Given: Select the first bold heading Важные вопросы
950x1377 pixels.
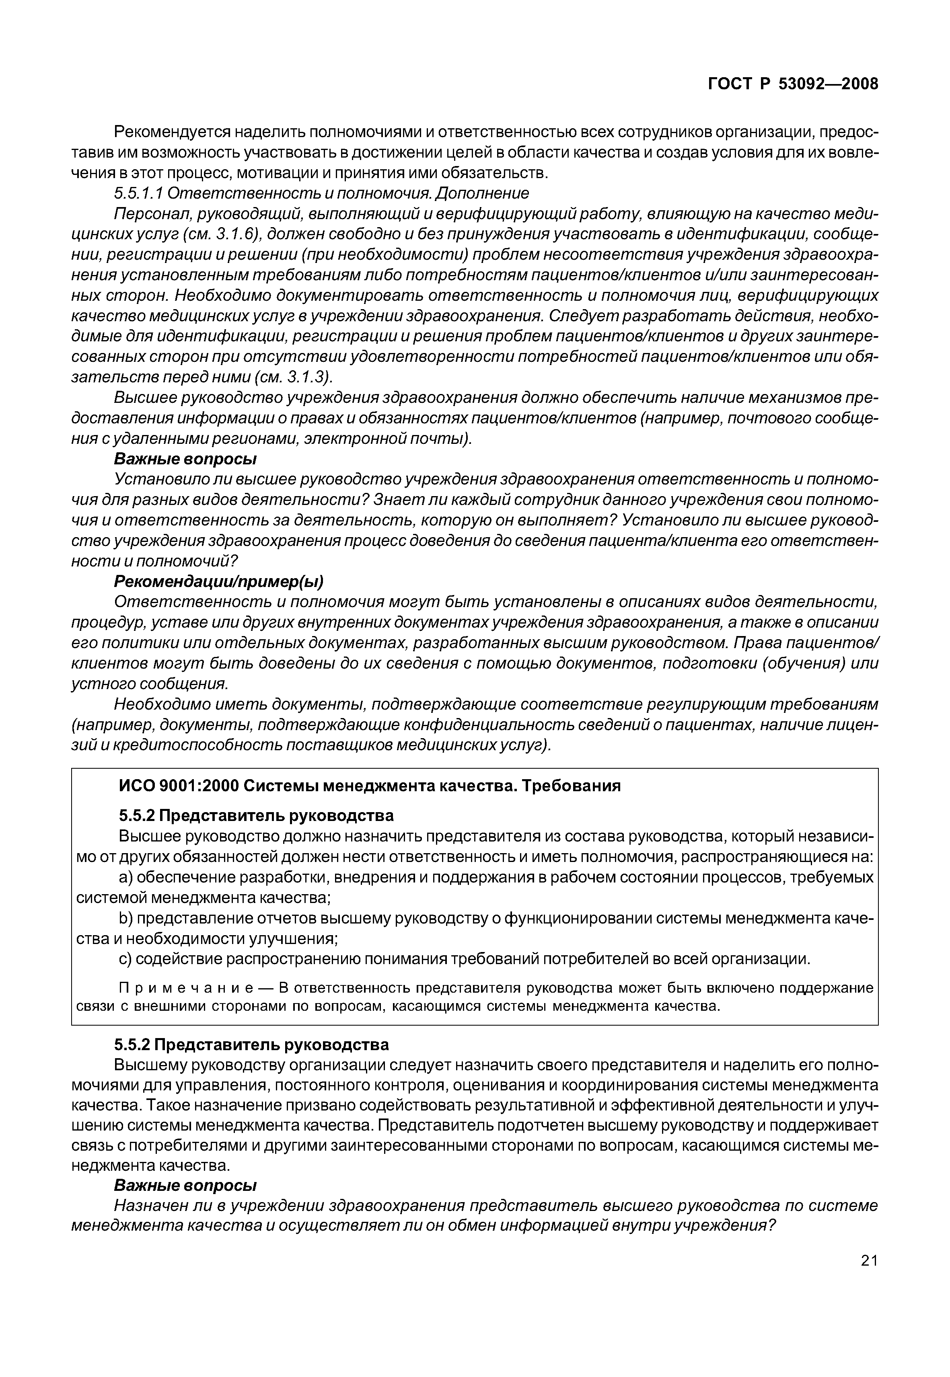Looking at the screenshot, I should tap(185, 460).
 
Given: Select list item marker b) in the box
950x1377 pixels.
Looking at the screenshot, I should tap(125, 918).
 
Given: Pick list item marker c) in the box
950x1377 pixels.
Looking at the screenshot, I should tap(125, 959).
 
